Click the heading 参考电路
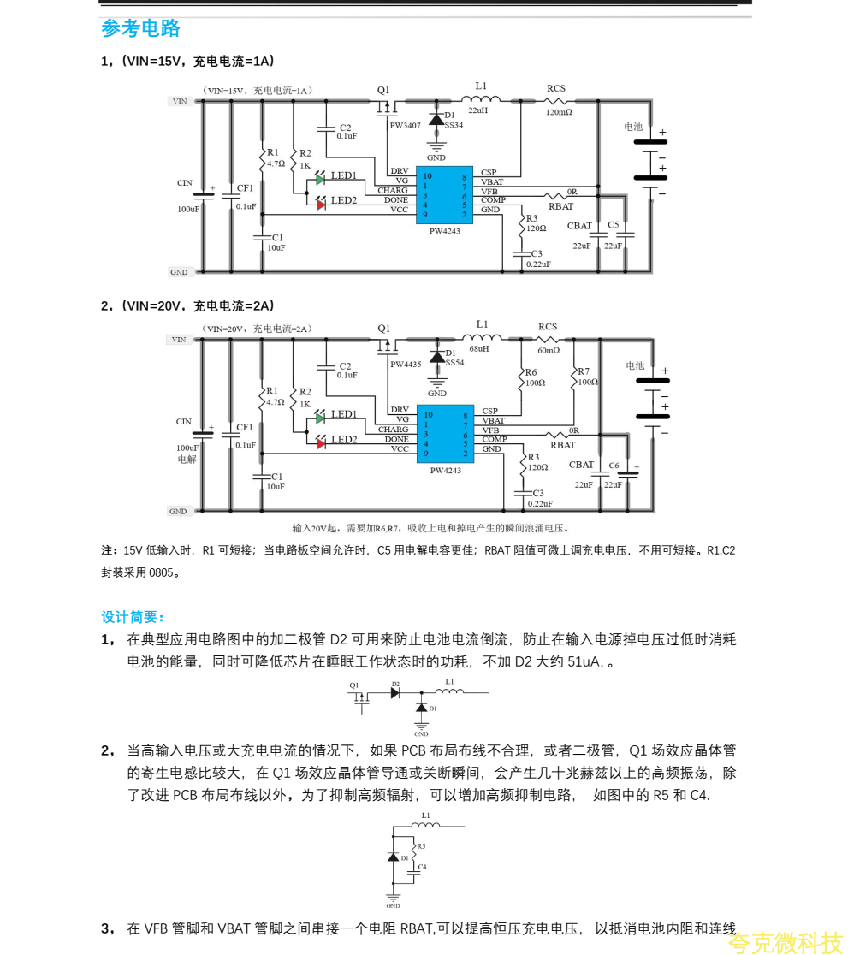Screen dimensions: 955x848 (x=140, y=28)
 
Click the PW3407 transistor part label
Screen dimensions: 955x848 (x=405, y=125)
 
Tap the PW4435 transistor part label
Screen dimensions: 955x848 (x=406, y=364)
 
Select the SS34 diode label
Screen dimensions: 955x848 (x=454, y=125)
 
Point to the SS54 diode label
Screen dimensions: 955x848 (x=454, y=362)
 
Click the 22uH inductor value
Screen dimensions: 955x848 (x=477, y=110)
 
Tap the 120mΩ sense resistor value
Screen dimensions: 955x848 (x=558, y=112)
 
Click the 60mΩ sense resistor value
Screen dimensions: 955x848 (x=549, y=350)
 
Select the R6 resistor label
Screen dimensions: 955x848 (x=531, y=372)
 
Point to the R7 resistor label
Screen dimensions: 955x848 (x=584, y=371)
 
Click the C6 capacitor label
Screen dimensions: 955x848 (x=614, y=466)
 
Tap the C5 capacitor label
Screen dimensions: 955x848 (x=613, y=225)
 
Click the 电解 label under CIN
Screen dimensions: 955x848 (x=187, y=460)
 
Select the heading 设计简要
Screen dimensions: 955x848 (x=133, y=617)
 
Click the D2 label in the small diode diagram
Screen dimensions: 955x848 (x=395, y=684)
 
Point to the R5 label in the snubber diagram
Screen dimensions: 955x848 (x=420, y=846)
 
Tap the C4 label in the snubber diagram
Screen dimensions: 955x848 (x=422, y=868)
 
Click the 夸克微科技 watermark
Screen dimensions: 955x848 (x=785, y=943)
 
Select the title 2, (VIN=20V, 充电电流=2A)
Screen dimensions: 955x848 (x=188, y=305)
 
